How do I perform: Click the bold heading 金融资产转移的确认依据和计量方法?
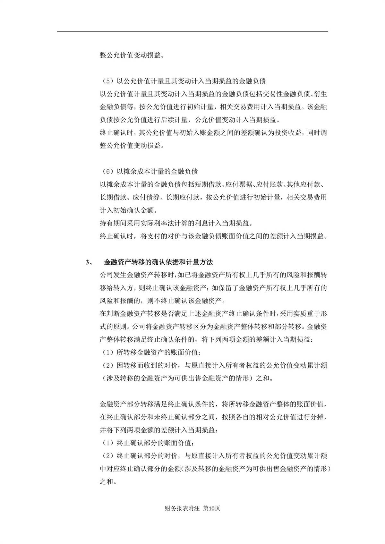pyautogui.click(x=158, y=262)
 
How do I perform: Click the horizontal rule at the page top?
pyautogui.click(x=193, y=31)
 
